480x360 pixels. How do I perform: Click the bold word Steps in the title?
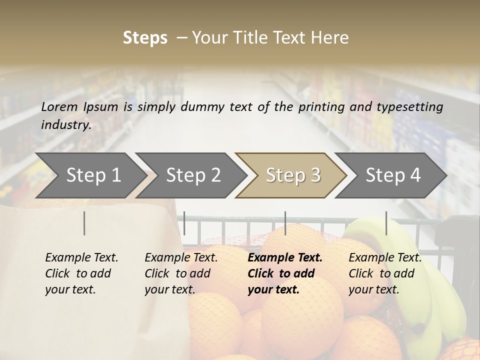pos(145,38)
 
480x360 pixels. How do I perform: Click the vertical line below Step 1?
pos(84,223)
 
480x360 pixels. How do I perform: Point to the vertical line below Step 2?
pos(184,223)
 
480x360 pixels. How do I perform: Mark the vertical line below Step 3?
pos(285,223)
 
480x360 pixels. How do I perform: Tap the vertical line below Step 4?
pos(386,223)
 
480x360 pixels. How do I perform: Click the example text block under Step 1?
pos(81,273)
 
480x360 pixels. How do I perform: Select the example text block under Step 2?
pos(181,273)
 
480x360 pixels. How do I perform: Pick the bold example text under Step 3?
pos(285,273)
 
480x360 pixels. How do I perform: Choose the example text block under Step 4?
pos(385,273)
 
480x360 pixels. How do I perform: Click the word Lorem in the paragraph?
pos(59,107)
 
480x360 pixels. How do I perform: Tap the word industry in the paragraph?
pos(66,125)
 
